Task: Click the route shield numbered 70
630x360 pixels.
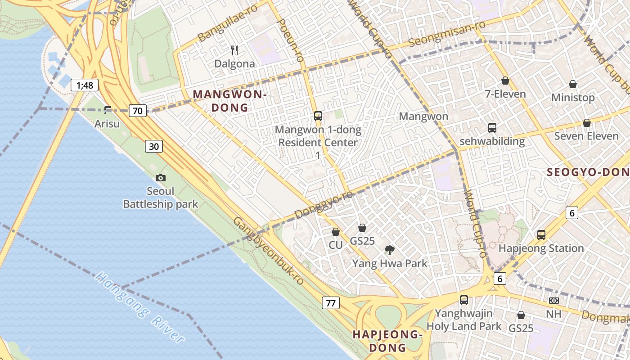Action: tap(138, 110)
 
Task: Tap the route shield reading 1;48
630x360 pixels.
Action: tap(84, 85)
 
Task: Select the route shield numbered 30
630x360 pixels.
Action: tap(154, 146)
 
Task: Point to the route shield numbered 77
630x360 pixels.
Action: tap(330, 303)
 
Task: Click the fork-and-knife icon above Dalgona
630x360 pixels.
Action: tap(234, 50)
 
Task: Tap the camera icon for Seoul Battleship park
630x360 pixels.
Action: tap(161, 178)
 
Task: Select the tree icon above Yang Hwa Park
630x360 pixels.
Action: tap(390, 250)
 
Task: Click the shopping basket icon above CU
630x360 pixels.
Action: tap(335, 232)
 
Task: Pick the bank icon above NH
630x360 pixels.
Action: tap(554, 300)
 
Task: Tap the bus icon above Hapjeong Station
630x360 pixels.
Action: tap(541, 234)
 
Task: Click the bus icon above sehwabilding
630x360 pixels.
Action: tap(492, 128)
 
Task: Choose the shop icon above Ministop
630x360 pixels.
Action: tap(573, 84)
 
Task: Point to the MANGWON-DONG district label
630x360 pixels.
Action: tap(230, 101)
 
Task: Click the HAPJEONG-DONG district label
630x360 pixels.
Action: tap(387, 341)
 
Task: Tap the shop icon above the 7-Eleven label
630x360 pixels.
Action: tap(505, 81)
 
